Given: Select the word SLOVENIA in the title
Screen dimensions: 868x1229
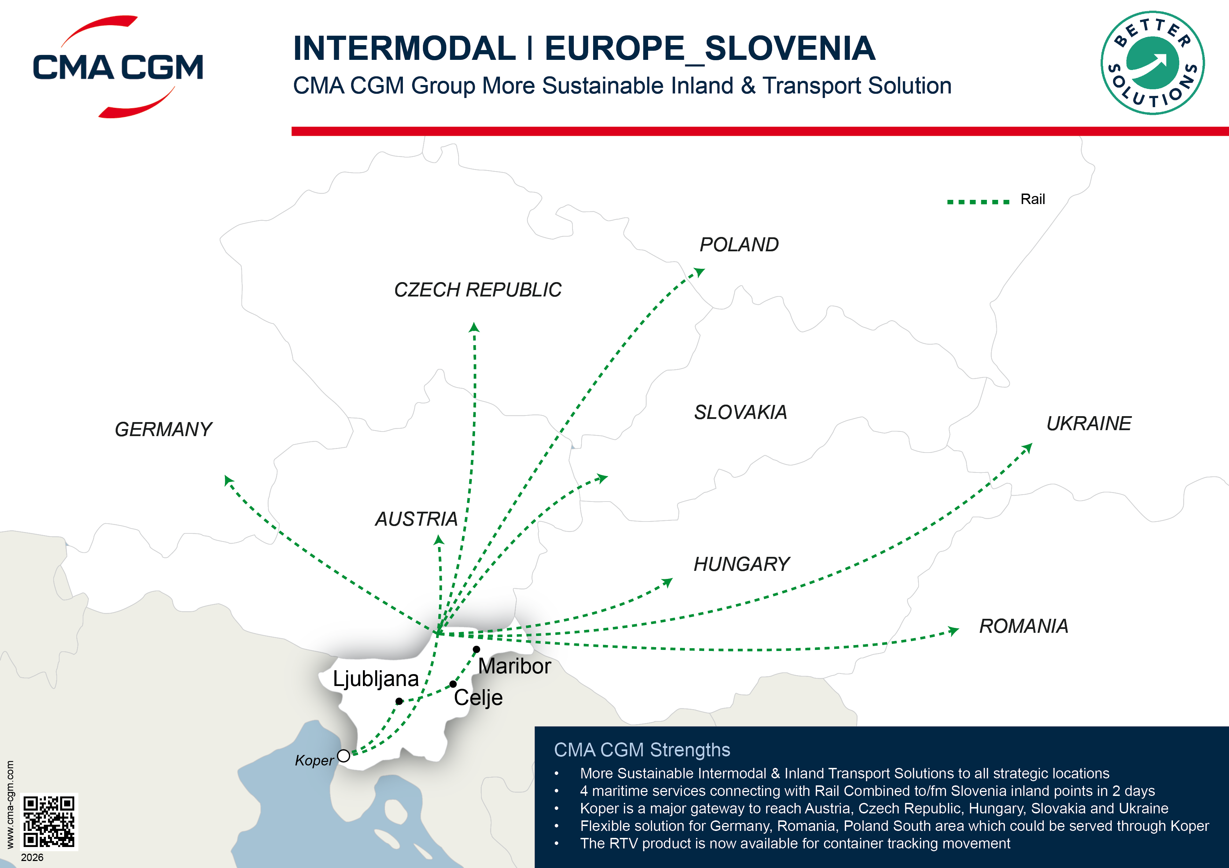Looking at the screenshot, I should coord(790,49).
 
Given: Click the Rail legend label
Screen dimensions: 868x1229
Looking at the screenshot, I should coord(1032,199).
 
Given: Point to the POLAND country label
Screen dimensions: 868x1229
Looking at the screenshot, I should coord(739,245).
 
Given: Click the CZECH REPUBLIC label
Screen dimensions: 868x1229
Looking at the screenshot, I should coord(478,290).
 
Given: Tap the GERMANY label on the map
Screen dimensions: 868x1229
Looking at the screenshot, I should coord(163,429).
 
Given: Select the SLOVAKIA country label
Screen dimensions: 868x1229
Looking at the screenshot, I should coord(740,412).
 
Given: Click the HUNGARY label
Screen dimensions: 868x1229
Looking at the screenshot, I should coord(741,564).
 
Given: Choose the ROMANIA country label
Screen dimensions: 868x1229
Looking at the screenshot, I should coord(1023,626).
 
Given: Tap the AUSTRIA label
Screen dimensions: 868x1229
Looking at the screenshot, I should coord(416,519).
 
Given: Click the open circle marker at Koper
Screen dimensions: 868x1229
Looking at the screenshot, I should coord(344,756).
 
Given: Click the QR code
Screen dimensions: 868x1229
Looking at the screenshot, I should coord(49,821).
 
